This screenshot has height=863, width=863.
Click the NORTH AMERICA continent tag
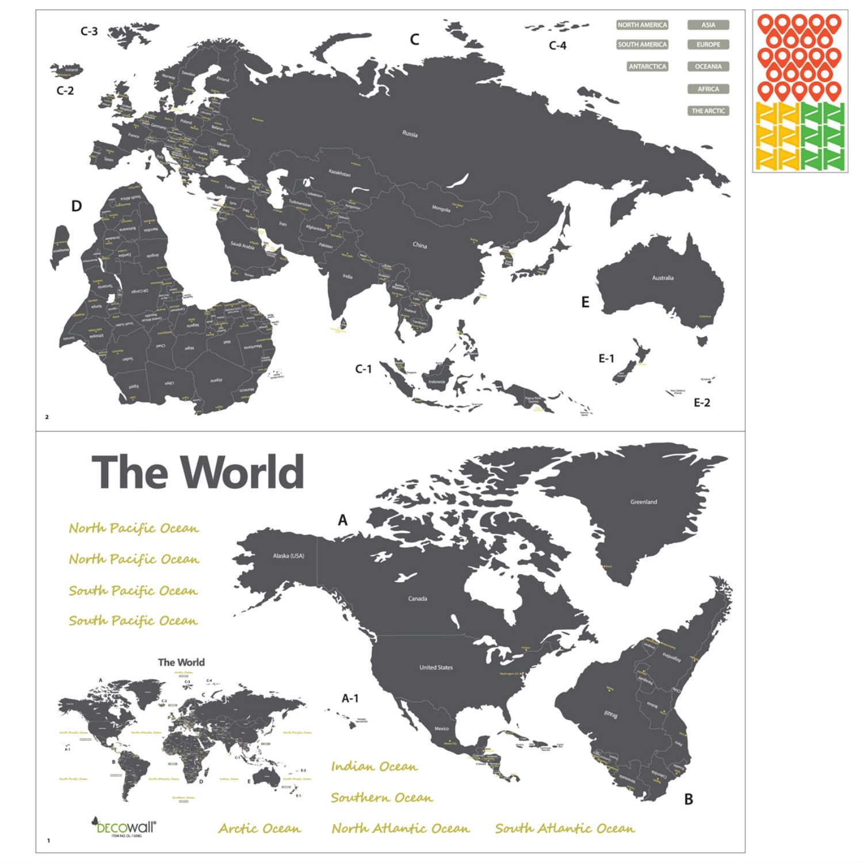click(642, 25)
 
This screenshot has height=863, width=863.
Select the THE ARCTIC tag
click(708, 111)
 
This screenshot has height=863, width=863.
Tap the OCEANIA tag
click(708, 67)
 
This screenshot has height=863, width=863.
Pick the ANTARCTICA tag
click(647, 67)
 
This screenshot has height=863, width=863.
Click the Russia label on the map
click(410, 134)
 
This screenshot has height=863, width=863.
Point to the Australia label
click(663, 278)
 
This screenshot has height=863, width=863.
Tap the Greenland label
click(643, 502)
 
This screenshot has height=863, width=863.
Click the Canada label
click(418, 599)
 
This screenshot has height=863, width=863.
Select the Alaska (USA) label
click(288, 556)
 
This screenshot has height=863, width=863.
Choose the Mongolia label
click(441, 209)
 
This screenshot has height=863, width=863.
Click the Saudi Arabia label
click(242, 246)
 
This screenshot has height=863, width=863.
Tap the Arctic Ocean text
click(259, 828)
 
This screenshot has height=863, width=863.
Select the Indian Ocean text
click(374, 766)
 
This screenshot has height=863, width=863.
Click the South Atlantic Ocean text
click(565, 828)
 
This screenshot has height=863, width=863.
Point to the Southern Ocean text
click(381, 797)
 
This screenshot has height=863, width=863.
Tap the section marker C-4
click(557, 45)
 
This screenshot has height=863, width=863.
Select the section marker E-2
click(701, 403)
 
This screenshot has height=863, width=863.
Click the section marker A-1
click(350, 698)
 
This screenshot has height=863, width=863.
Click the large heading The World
click(198, 472)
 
